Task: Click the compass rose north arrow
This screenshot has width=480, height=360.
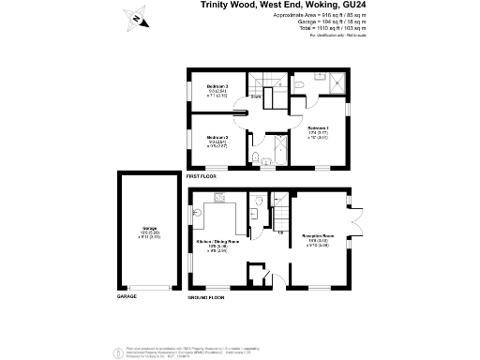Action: (137, 17)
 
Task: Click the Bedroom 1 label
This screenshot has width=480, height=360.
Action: (318, 127)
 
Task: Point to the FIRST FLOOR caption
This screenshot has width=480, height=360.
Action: (202, 176)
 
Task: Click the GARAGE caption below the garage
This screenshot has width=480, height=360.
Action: (127, 295)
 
